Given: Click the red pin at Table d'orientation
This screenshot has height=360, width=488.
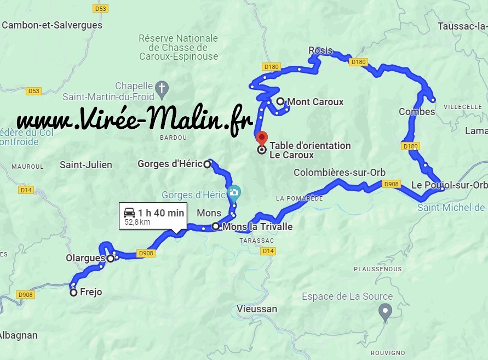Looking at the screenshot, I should (x=262, y=138).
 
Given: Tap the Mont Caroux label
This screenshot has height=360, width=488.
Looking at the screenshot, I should (x=315, y=101).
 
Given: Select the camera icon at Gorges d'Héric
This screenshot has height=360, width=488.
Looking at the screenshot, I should (x=234, y=192).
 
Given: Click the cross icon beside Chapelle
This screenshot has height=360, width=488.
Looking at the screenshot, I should (x=162, y=87).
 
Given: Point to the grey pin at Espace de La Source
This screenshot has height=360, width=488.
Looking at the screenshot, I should (x=385, y=311).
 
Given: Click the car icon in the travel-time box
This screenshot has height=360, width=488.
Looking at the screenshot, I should (x=129, y=213).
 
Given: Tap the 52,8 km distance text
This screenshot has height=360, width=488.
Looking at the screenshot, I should (x=137, y=222).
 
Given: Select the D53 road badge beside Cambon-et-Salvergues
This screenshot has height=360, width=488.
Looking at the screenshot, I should (x=100, y=9).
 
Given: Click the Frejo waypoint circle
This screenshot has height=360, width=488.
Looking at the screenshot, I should (x=73, y=293).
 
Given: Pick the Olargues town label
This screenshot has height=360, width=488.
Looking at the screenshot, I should (x=85, y=258).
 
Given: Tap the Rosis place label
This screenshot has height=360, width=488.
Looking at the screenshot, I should (x=320, y=50).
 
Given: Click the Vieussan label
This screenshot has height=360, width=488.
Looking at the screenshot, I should (x=257, y=309).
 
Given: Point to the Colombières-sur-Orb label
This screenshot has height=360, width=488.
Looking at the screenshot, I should (x=340, y=172).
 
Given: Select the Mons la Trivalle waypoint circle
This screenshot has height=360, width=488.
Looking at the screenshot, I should (x=216, y=226).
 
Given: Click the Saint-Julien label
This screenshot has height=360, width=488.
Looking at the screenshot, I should (x=85, y=164).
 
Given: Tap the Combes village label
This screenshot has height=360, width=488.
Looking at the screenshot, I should (x=416, y=112).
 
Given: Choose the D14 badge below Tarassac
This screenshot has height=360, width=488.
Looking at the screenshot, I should (x=268, y=251).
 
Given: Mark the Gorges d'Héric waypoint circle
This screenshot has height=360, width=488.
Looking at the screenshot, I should (x=207, y=164).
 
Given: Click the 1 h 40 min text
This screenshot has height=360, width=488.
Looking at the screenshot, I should (x=161, y=213).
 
